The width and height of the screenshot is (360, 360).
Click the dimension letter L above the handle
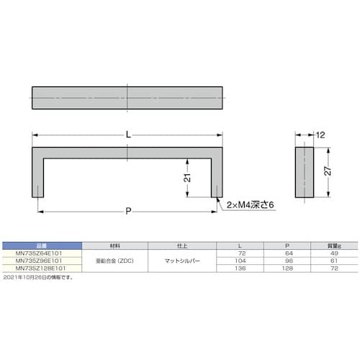pyautogui.click(x=129, y=134)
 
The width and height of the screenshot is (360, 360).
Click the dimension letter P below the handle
pyautogui.click(x=129, y=210)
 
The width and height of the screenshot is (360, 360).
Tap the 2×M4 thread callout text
pyautogui.click(x=249, y=204)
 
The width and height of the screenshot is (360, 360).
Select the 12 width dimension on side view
pyautogui.click(x=321, y=135)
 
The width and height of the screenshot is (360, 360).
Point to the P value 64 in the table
pyautogui.click(x=287, y=253)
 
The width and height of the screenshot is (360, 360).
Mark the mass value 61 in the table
pyautogui.click(x=333, y=261)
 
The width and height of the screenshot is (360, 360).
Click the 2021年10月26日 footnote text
pyautogui.click(x=43, y=276)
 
